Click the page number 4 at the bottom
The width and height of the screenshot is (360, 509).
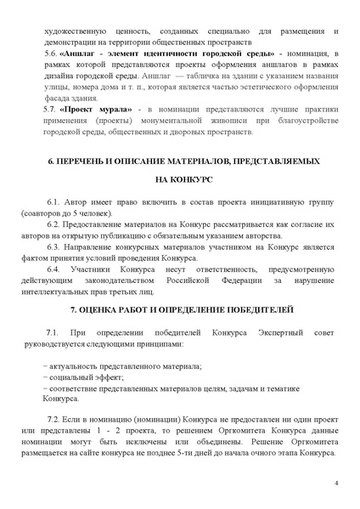coord(336,484)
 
